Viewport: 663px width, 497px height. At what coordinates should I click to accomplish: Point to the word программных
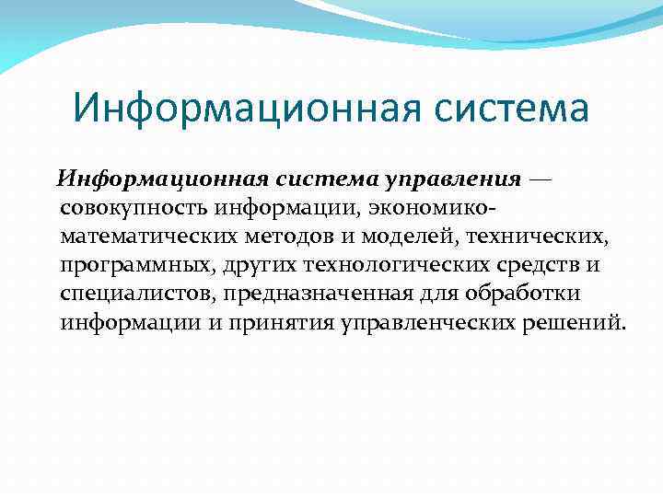click(x=132, y=266)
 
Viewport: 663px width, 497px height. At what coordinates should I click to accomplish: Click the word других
click(x=252, y=266)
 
